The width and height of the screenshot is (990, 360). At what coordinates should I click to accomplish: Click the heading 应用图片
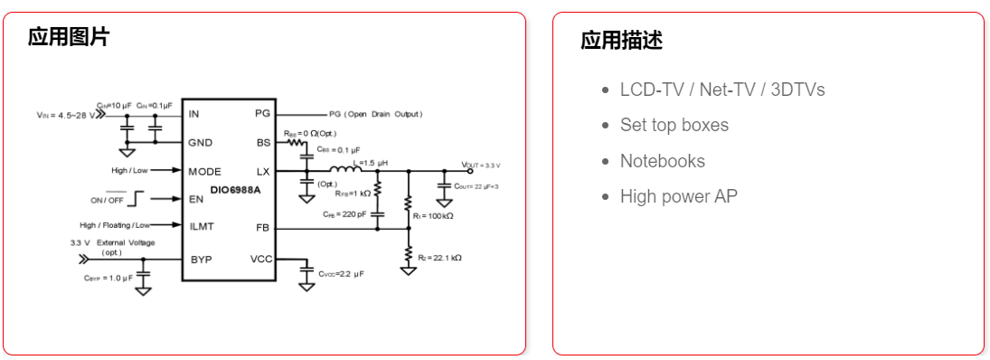click(x=69, y=37)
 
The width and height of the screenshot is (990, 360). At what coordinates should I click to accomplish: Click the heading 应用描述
click(x=622, y=41)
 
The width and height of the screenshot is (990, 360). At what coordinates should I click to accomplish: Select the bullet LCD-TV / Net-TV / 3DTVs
click(x=721, y=90)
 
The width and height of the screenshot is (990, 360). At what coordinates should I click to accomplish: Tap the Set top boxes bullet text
click(x=674, y=125)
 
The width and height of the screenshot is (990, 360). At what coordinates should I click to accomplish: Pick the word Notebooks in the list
click(x=662, y=161)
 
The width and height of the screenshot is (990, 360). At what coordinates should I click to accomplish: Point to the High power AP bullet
click(x=678, y=196)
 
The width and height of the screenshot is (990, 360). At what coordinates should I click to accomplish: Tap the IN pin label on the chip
click(x=193, y=114)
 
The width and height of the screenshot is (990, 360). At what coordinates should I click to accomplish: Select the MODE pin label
click(x=204, y=171)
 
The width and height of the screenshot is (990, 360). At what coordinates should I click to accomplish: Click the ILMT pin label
click(x=201, y=225)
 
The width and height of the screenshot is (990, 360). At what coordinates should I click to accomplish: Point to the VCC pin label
click(x=260, y=259)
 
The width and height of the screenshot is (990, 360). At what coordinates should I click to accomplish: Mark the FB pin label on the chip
click(x=263, y=228)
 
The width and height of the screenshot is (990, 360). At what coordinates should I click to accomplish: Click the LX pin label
click(x=263, y=171)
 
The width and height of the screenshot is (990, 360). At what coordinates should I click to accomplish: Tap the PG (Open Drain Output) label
click(x=375, y=115)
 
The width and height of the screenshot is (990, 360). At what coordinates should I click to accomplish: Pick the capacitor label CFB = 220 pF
click(x=344, y=214)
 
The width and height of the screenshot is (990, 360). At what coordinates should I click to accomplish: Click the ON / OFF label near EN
click(x=107, y=199)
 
